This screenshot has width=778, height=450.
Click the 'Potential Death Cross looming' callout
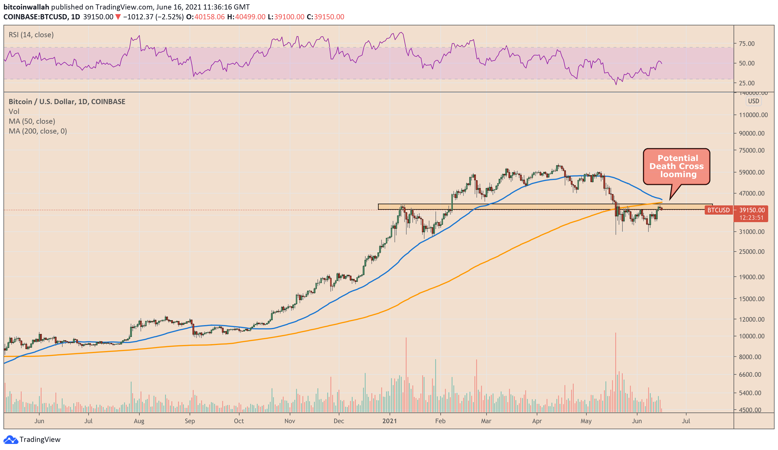click(676, 167)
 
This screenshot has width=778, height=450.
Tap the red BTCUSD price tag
click(719, 210)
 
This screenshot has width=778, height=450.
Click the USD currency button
click(753, 101)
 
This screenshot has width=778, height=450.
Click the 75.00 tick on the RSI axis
click(747, 44)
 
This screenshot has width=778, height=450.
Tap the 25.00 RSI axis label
click(747, 83)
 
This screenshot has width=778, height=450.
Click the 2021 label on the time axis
click(389, 421)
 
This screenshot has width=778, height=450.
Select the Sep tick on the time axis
click(190, 421)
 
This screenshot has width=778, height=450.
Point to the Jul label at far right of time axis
click(686, 421)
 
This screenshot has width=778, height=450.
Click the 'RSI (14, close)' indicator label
click(31, 35)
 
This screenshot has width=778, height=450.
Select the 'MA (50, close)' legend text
click(32, 121)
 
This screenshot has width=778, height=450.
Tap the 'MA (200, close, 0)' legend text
click(38, 131)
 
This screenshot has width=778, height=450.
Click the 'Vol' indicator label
click(14, 111)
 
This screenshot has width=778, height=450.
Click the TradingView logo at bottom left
click(32, 439)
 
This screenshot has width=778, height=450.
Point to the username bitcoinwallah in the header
click(26, 7)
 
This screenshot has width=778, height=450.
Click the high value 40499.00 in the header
click(250, 17)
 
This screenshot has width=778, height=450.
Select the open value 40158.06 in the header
click(209, 17)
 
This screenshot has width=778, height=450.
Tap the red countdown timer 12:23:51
click(751, 217)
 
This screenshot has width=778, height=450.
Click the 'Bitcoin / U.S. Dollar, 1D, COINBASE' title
click(67, 102)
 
